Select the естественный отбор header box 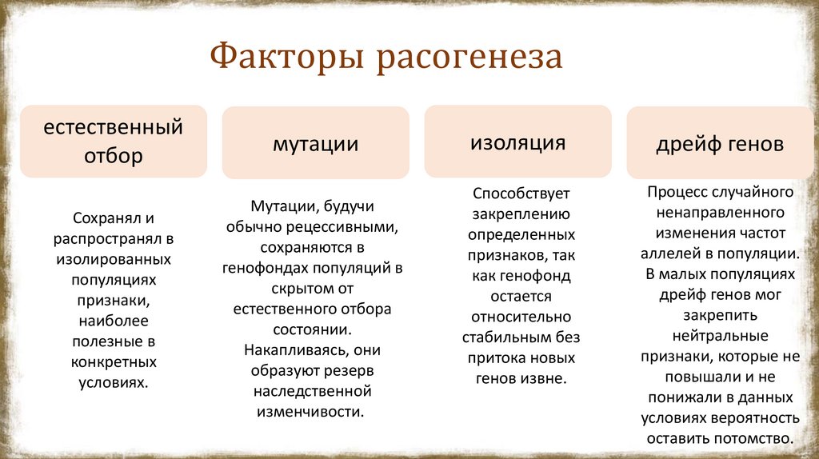click(x=114, y=142)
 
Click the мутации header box click(x=315, y=144)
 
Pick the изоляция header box click(x=517, y=142)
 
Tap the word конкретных click(x=114, y=361)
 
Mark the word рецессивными click(x=352, y=226)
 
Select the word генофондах click(x=267, y=267)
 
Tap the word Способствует click(x=520, y=194)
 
